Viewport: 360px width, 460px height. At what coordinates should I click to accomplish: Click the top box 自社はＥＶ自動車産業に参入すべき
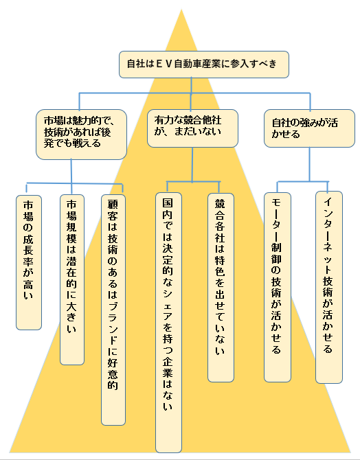pyautogui.click(x=204, y=65)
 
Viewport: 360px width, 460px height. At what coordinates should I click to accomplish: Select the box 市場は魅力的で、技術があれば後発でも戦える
pyautogui.click(x=81, y=135)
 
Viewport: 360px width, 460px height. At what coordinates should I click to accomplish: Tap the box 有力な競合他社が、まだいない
pyautogui.click(x=192, y=128)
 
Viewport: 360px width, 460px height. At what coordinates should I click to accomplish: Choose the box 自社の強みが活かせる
pyautogui.click(x=309, y=128)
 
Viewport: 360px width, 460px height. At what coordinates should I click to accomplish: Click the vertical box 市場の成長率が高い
pyautogui.click(x=29, y=262)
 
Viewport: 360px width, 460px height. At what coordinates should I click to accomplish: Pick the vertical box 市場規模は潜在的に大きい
pyautogui.click(x=72, y=279)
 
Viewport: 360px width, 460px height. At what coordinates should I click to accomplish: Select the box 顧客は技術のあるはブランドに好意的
pyautogui.click(x=113, y=310)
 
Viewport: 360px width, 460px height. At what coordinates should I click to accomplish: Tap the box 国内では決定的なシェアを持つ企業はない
pyautogui.click(x=168, y=323)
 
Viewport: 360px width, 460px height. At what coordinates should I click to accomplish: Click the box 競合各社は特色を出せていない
pyautogui.click(x=221, y=288)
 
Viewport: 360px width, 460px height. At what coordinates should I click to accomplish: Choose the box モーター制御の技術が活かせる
pyautogui.click(x=277, y=287)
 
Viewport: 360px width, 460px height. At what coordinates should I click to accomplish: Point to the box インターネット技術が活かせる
pyautogui.click(x=329, y=287)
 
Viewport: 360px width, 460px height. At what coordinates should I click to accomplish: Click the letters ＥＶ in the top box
pyautogui.click(x=164, y=64)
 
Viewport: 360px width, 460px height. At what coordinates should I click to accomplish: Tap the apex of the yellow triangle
pyautogui.click(x=181, y=10)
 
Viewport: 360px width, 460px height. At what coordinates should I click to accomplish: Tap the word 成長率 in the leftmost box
pyautogui.click(x=28, y=251)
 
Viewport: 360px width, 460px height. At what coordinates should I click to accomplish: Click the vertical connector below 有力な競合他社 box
pyautogui.click(x=192, y=165)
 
